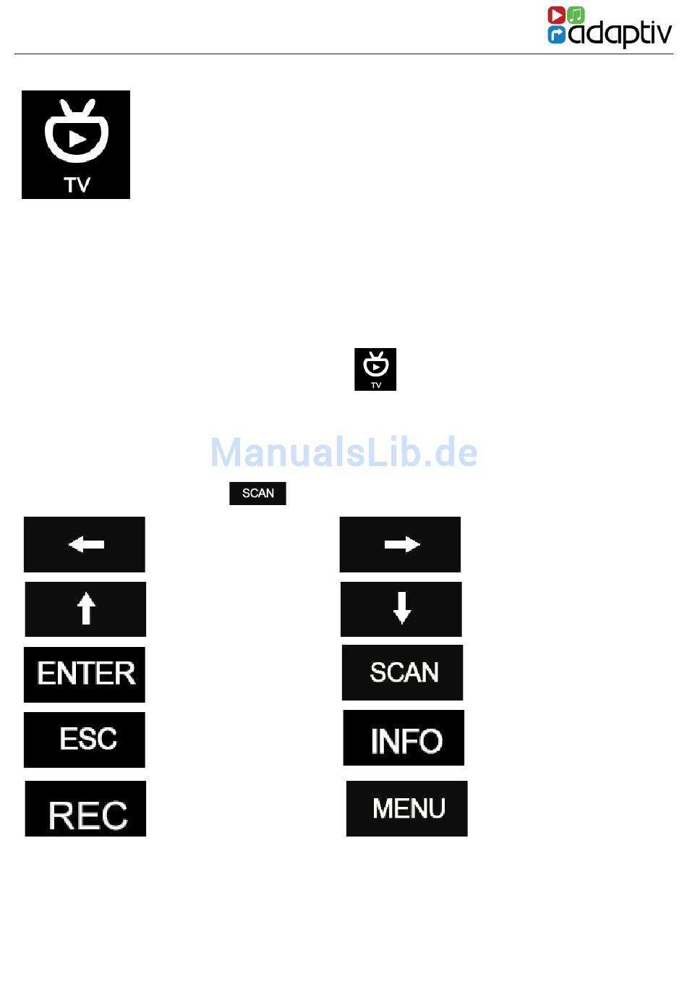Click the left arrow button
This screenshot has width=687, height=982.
point(85,544)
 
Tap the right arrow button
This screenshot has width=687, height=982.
point(400,544)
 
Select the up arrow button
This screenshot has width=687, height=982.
point(85,609)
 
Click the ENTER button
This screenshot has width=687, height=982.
point(85,674)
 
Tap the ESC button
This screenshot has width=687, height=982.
point(85,740)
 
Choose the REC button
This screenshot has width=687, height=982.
point(85,809)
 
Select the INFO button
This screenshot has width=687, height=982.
point(404,738)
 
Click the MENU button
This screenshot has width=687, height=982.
point(406,808)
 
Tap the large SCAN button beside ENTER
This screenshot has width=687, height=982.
point(402,672)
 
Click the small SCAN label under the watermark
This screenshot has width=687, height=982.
point(257,494)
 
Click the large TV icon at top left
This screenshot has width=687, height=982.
point(76,145)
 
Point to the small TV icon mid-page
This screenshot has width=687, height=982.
point(375,369)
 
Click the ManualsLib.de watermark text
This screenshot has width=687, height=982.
point(343,452)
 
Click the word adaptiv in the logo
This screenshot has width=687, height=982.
point(620,33)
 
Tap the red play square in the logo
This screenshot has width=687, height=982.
point(556,15)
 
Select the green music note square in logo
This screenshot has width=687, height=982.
point(576,15)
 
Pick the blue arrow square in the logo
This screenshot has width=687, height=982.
point(556,35)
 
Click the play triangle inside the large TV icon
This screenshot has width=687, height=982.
point(77,137)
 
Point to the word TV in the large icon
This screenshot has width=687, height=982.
point(77,185)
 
